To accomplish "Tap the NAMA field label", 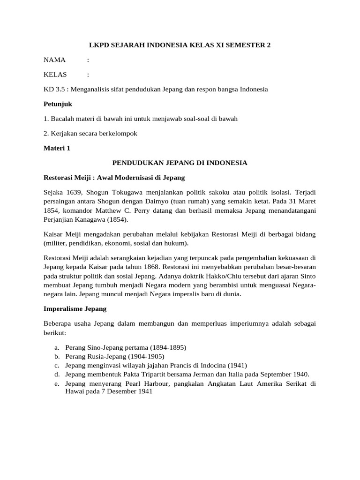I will [55, 60].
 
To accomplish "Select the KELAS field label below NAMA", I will [55, 75].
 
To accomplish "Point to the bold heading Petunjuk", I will [58, 104].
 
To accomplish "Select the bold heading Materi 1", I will [57, 148].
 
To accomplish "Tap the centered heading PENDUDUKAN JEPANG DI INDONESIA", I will [180, 163].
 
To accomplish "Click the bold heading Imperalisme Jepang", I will [75, 309].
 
